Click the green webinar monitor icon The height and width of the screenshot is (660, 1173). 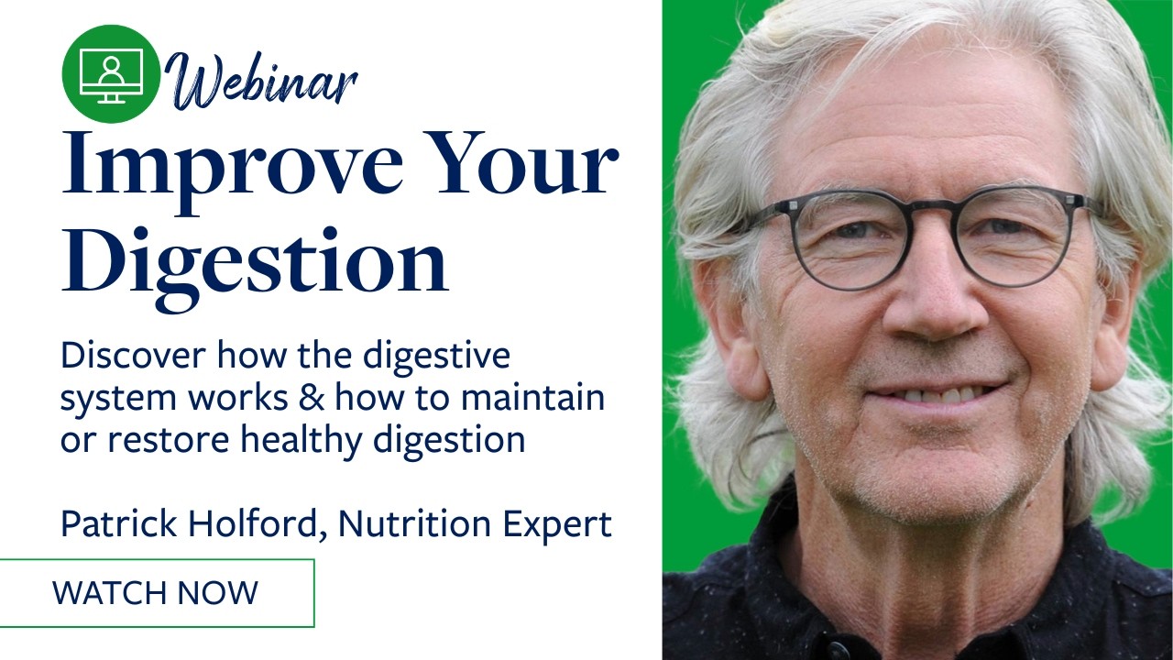click(111, 74)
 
